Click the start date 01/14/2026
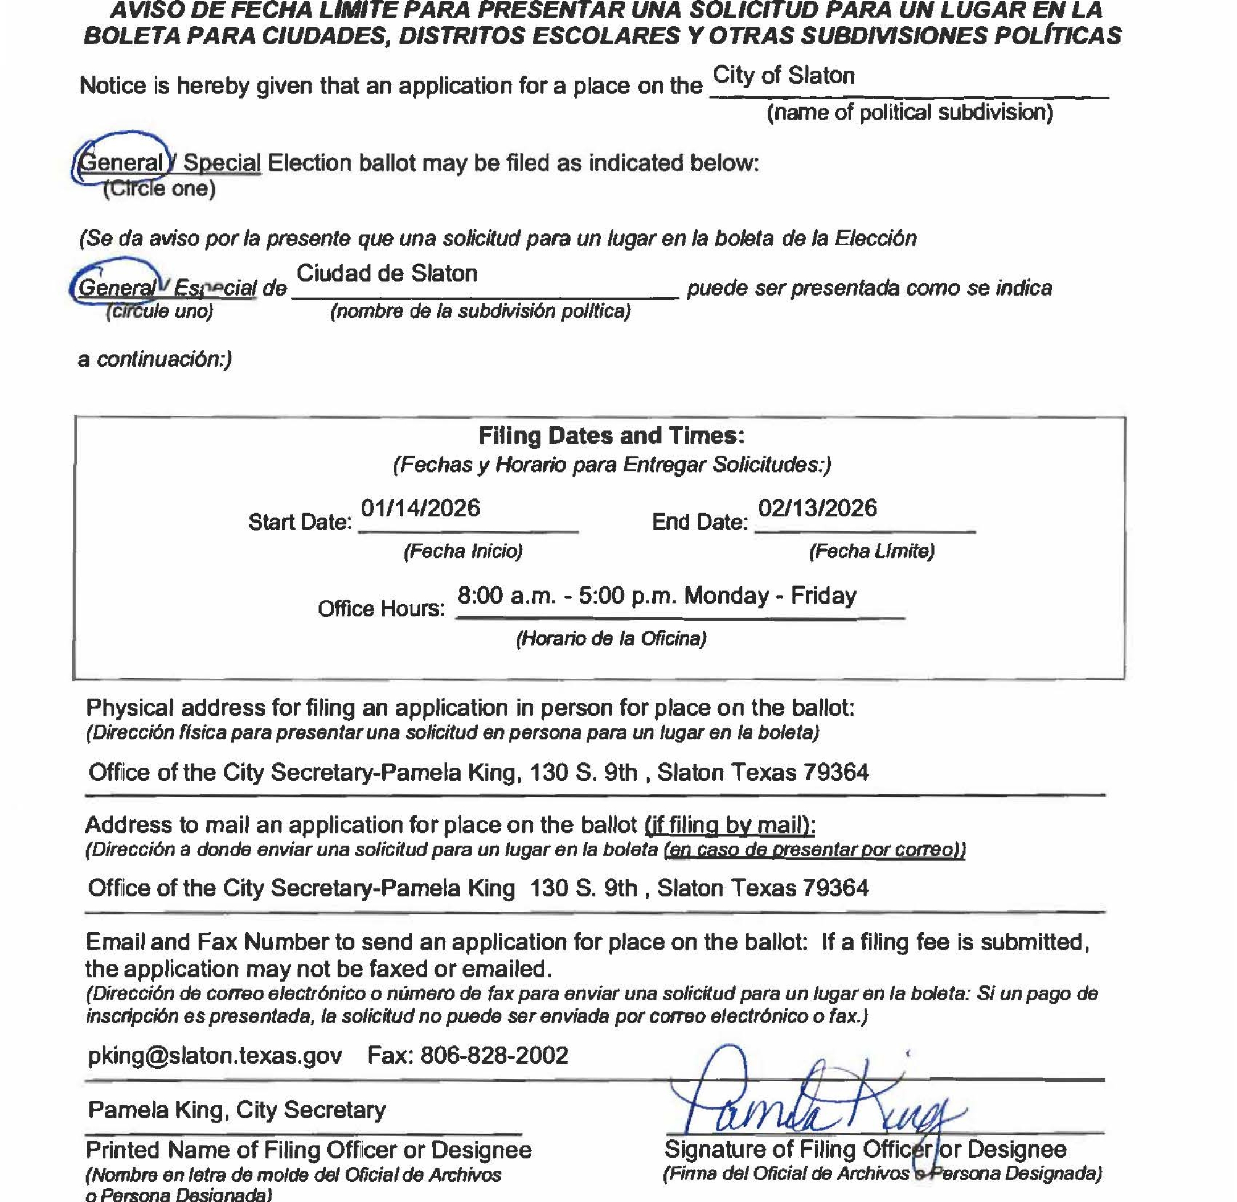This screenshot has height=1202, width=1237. [x=420, y=508]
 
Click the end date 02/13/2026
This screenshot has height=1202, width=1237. [x=817, y=508]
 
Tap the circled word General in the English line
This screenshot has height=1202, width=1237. [x=122, y=163]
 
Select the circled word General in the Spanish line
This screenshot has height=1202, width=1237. [x=116, y=288]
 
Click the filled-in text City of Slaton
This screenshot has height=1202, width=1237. [x=784, y=76]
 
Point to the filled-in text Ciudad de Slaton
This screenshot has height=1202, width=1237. [x=387, y=273]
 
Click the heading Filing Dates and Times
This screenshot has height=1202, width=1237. [x=611, y=436]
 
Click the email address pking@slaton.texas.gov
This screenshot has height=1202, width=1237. [x=215, y=1055]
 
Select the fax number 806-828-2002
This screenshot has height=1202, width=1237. [x=494, y=1055]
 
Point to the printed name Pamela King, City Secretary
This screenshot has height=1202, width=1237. [x=237, y=1109]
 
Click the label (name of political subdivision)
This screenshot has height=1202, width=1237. [x=910, y=112]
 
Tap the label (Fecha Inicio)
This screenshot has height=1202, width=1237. [x=463, y=551]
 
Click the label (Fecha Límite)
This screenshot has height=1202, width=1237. [x=871, y=551]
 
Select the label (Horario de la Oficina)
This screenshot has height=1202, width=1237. [x=611, y=638]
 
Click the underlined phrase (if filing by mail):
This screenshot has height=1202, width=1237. [x=730, y=824]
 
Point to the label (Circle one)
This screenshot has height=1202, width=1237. [x=159, y=189]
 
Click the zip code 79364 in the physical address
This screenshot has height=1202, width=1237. [x=835, y=772]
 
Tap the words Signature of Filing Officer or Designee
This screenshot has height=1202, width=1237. [x=865, y=1149]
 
